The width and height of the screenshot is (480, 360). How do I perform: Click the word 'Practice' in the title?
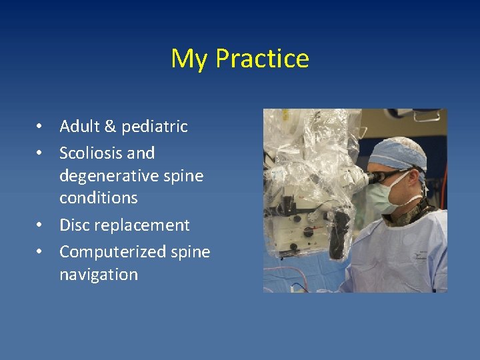(262, 59)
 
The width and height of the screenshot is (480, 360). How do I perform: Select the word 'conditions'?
(98, 198)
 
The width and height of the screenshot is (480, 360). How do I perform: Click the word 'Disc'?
(74, 225)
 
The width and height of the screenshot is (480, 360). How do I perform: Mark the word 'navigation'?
(98, 275)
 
